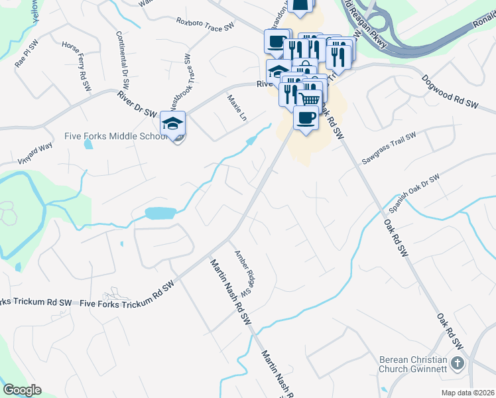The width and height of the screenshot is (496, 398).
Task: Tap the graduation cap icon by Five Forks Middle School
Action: click(x=173, y=124)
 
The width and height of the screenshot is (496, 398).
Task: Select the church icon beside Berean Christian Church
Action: click(x=457, y=363)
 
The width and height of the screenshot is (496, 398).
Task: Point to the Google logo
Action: click(x=22, y=390)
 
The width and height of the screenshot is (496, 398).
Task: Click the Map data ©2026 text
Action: click(x=467, y=393)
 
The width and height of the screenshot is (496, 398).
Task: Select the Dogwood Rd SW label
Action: click(x=450, y=92)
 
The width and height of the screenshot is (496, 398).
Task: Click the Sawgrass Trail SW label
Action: click(x=389, y=148)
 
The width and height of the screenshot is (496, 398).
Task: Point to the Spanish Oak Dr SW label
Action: click(x=414, y=193)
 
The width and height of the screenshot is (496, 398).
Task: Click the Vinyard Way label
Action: click(x=36, y=153)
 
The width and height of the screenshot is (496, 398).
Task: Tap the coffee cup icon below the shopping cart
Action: click(x=305, y=118)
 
